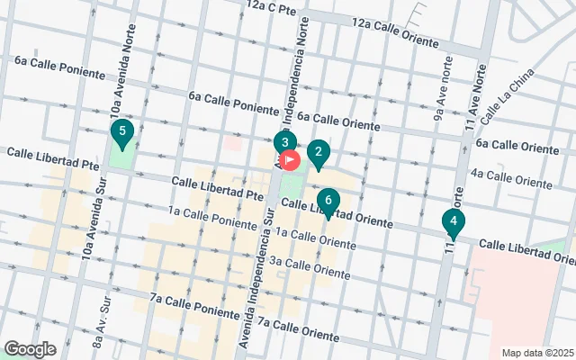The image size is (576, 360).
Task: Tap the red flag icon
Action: pyautogui.click(x=291, y=161)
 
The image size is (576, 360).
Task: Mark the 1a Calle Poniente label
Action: pyautogui.click(x=212, y=217)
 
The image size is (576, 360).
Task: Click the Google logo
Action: pyautogui.click(x=30, y=348)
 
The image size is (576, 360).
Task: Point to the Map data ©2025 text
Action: pyautogui.click(x=536, y=353)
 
